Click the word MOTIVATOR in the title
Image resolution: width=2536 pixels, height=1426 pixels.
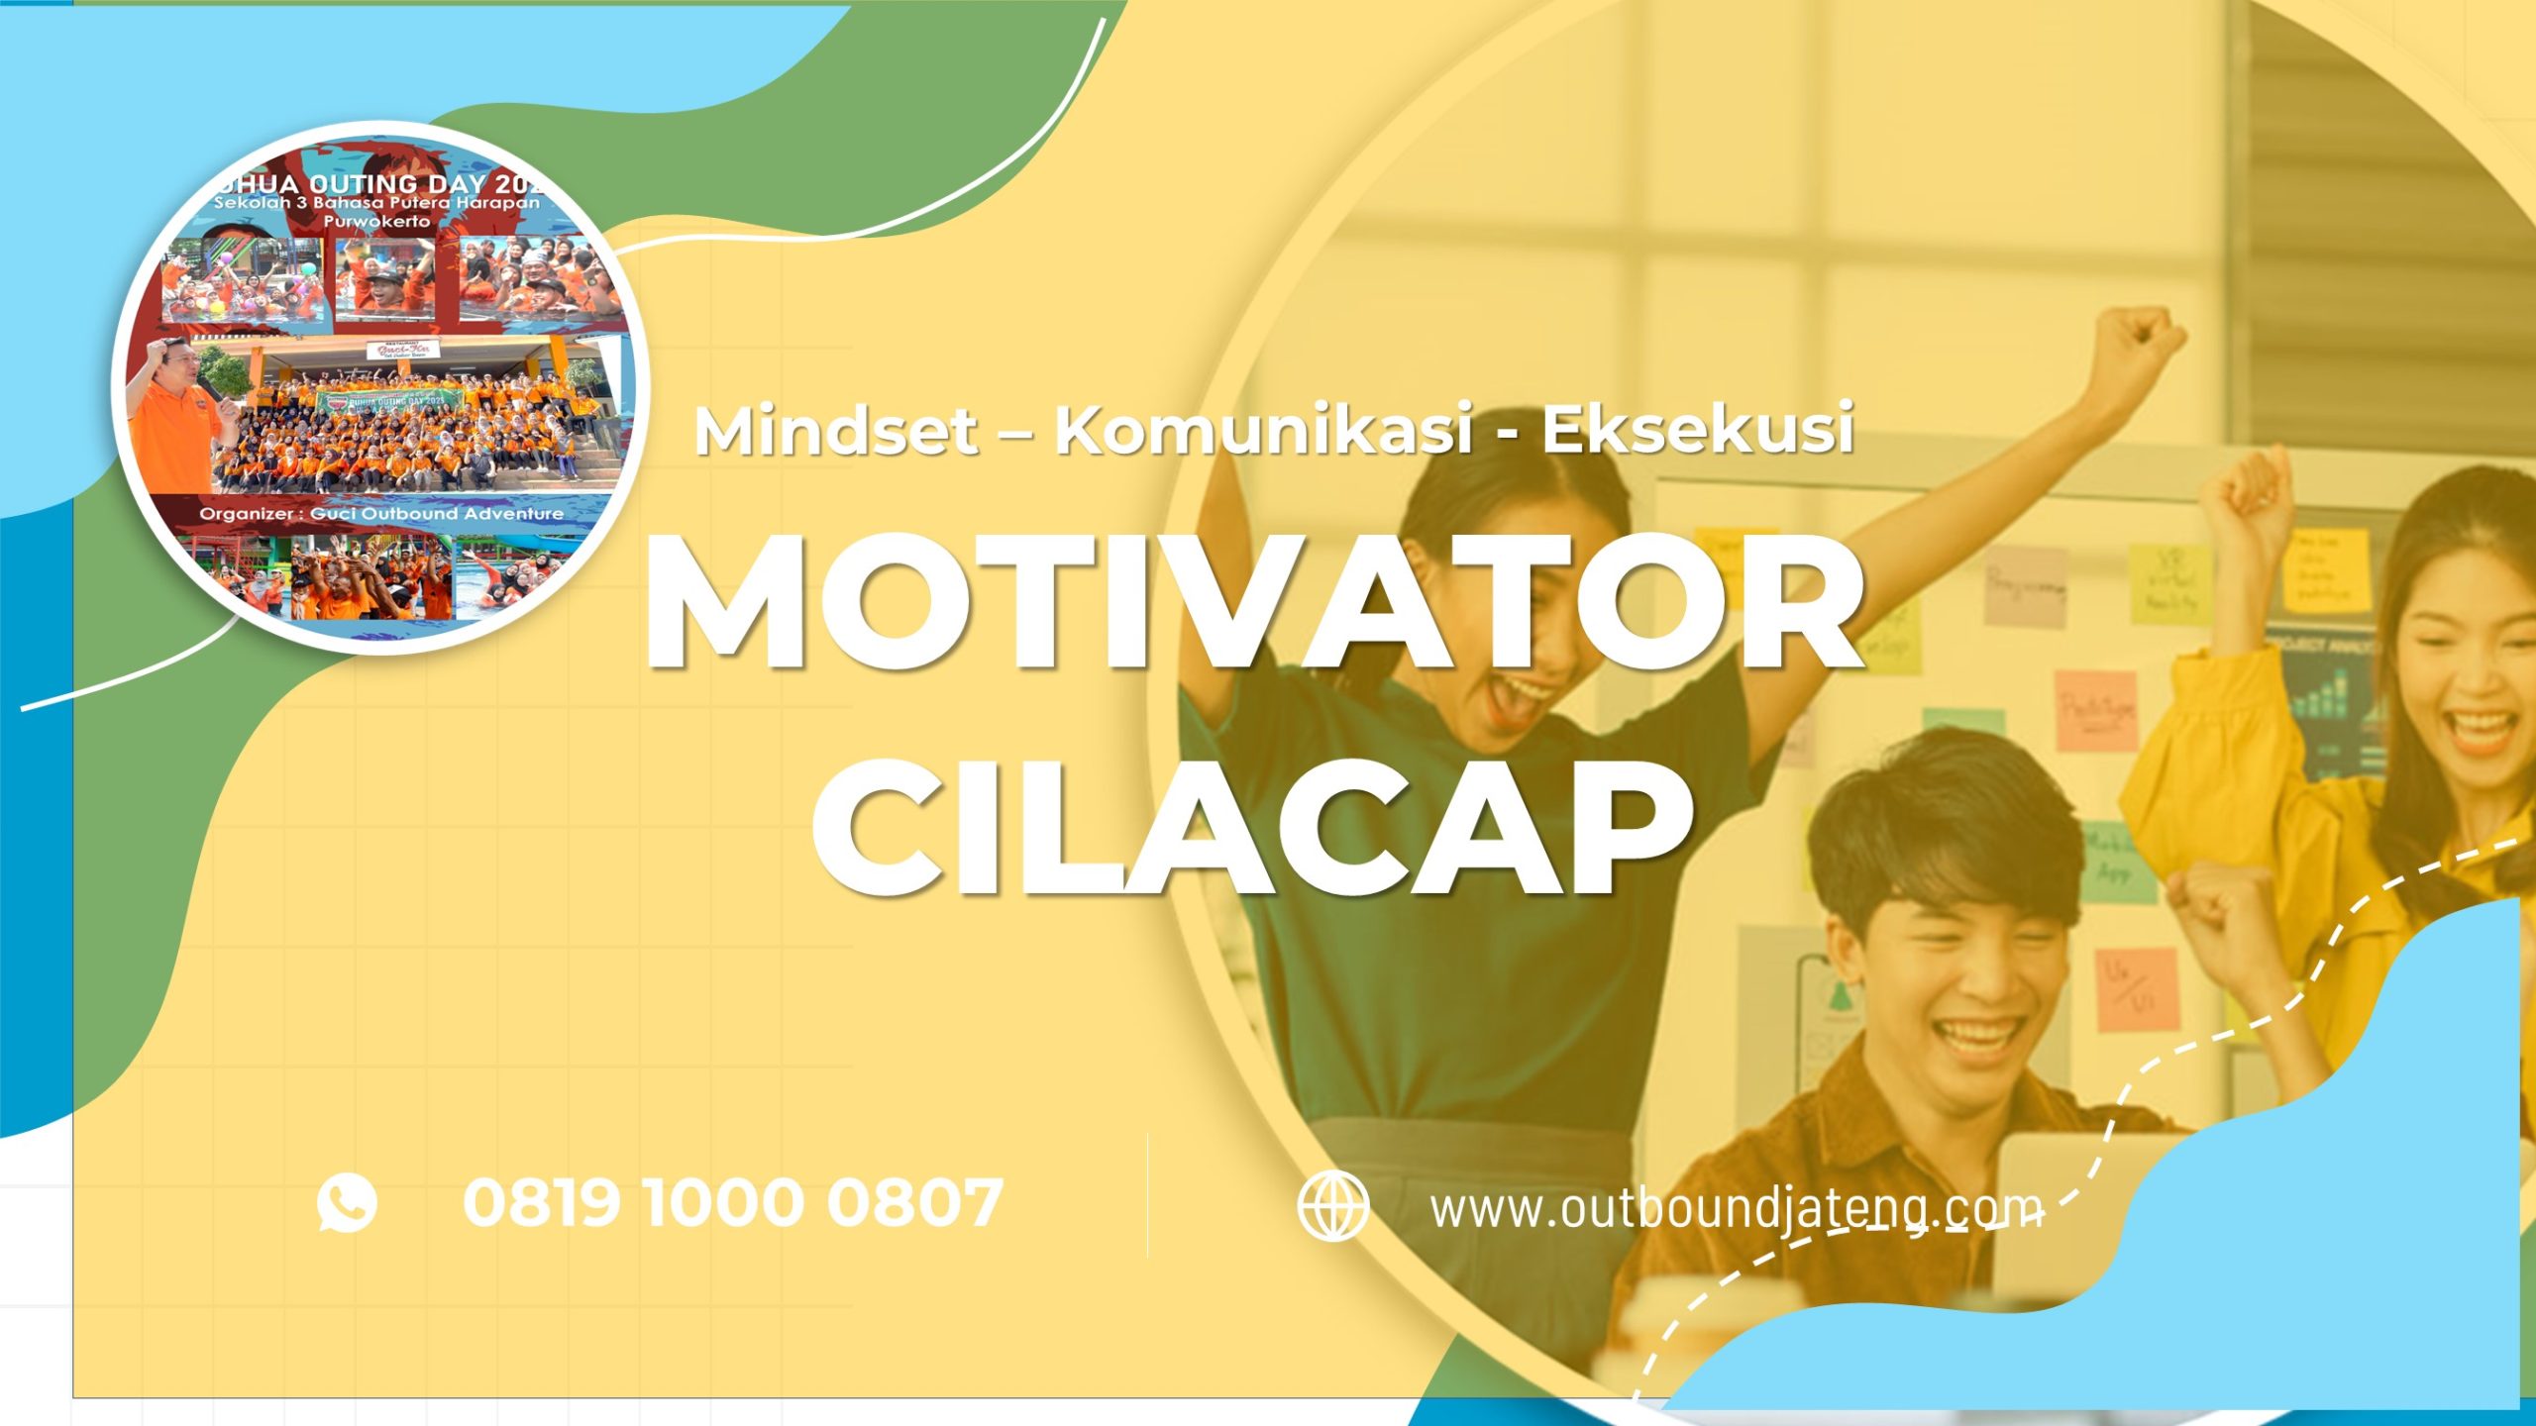pyautogui.click(x=1254, y=604)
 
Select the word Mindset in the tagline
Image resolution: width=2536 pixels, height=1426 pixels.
pyautogui.click(x=836, y=432)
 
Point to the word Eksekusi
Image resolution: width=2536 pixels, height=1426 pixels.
pyautogui.click(x=1697, y=430)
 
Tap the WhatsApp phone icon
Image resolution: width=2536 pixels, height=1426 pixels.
pyautogui.click(x=347, y=1202)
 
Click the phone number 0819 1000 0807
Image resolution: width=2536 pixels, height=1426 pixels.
pyautogui.click(x=733, y=1202)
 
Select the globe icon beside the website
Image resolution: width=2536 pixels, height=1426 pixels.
pyautogui.click(x=1332, y=1205)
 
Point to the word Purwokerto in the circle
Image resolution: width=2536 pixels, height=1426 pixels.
pyautogui.click(x=377, y=222)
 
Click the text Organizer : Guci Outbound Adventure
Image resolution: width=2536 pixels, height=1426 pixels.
pyautogui.click(x=381, y=514)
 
